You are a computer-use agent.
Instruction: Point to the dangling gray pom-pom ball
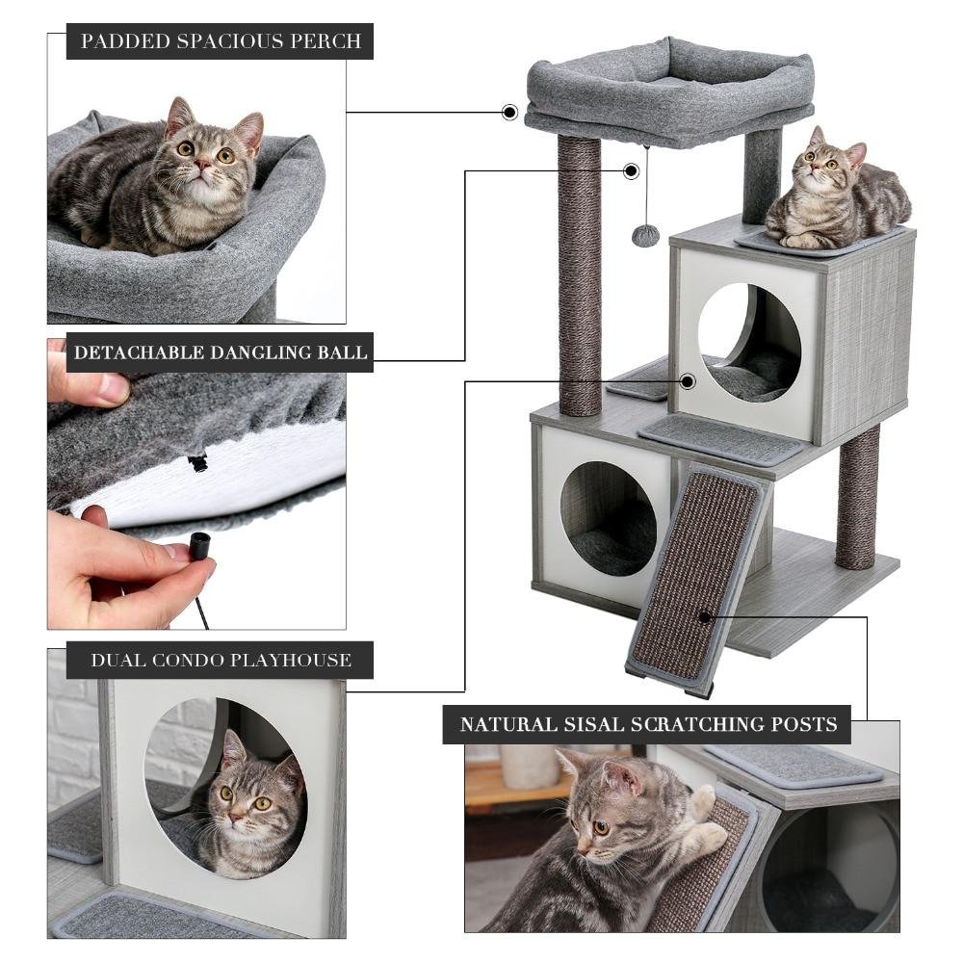coord(645,235)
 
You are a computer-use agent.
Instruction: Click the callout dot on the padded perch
coord(509,113)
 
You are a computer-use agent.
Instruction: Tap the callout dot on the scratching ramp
coord(706,616)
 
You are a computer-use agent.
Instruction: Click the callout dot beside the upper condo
coord(687,381)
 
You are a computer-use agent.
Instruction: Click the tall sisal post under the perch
coord(579,274)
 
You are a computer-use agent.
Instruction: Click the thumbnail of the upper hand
coord(113,387)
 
